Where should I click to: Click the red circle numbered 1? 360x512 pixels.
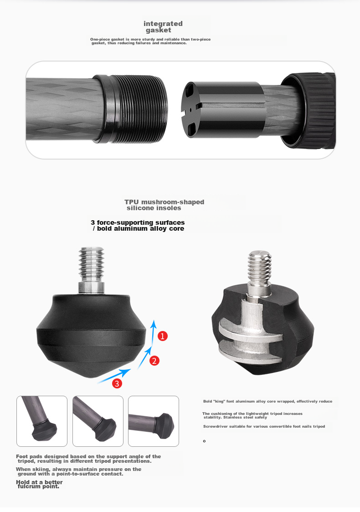(163, 336)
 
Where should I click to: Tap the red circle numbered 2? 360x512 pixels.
(154, 361)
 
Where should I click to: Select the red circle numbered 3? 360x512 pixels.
(117, 383)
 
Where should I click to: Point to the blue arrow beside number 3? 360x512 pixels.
(114, 376)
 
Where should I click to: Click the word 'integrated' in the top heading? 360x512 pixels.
(163, 24)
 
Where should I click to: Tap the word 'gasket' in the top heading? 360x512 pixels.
(158, 30)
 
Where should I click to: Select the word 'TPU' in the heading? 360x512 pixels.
(131, 202)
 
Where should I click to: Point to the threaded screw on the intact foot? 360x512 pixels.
(92, 265)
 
